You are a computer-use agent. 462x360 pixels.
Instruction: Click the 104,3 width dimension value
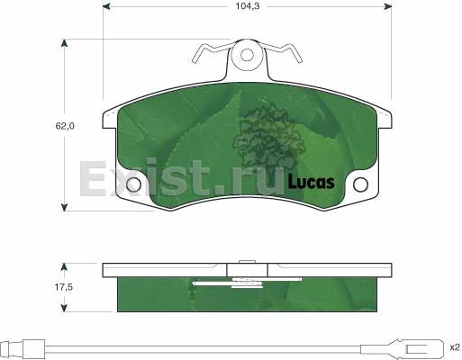point(247,6)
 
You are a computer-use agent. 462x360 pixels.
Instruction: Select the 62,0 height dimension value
point(65,126)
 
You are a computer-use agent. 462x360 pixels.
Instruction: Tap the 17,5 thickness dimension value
point(63,287)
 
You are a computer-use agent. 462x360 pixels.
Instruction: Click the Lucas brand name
point(311,182)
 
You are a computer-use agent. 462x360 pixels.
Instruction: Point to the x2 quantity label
point(455,347)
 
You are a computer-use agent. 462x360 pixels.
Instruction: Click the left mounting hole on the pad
point(133,184)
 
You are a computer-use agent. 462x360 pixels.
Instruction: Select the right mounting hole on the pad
point(360,184)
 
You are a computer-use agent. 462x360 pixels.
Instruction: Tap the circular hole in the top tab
point(247,55)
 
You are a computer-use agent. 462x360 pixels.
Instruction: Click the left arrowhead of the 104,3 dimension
point(106,6)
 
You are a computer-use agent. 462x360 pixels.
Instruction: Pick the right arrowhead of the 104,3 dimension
point(388,6)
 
